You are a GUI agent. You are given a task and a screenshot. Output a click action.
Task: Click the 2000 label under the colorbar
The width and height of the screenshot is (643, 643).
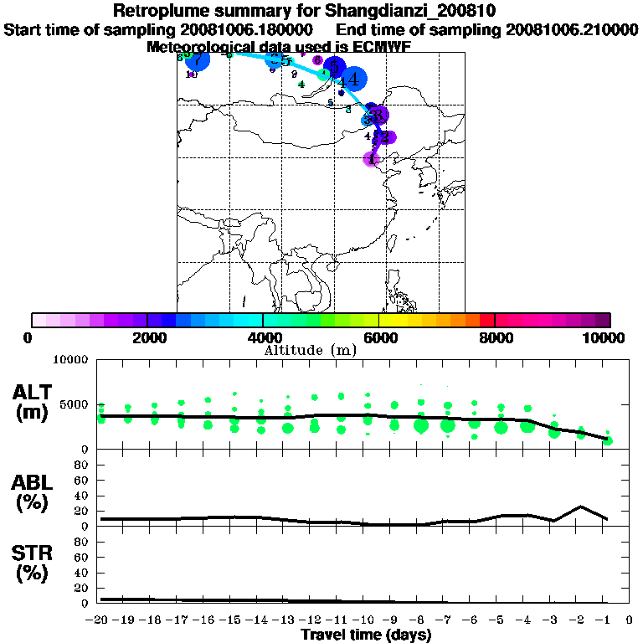pyautogui.click(x=147, y=337)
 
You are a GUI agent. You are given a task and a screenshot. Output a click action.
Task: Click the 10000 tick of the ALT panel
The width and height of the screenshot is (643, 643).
pyautogui.click(x=71, y=360)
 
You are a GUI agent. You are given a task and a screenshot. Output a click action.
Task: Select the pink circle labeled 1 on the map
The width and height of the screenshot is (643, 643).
pyautogui.click(x=372, y=158)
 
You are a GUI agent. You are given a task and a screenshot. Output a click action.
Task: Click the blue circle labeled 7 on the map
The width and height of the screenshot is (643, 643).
pyautogui.click(x=196, y=61)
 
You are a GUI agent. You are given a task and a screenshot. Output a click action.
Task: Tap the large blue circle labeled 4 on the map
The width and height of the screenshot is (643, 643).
pyautogui.click(x=352, y=80)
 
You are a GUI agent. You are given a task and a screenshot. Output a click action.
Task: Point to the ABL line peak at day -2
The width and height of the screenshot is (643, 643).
pyautogui.click(x=581, y=507)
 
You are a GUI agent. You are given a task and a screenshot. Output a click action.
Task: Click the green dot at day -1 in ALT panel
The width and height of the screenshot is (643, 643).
pyautogui.click(x=608, y=440)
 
